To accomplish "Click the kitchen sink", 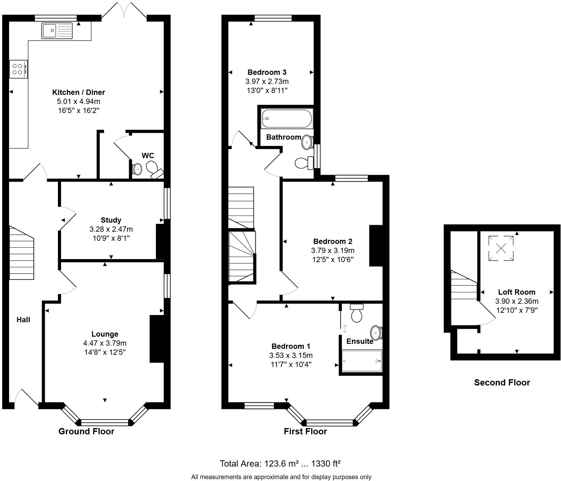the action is pyautogui.click(x=57, y=31).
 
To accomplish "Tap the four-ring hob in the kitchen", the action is pyautogui.click(x=18, y=69).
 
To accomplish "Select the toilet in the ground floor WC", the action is pyautogui.click(x=155, y=169).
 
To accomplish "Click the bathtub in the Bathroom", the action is pyautogui.click(x=287, y=118).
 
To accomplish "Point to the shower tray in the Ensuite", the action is pyautogui.click(x=362, y=361).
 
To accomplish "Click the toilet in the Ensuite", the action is pyautogui.click(x=357, y=313).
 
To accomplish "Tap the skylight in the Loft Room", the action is pyautogui.click(x=501, y=248).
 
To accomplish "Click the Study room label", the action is pyautogui.click(x=111, y=220).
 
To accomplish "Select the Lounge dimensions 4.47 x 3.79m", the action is pyautogui.click(x=105, y=343).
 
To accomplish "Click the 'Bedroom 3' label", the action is pyautogui.click(x=267, y=72).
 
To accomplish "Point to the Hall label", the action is pyautogui.click(x=23, y=320).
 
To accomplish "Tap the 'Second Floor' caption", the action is pyautogui.click(x=502, y=382).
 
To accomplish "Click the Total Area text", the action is pyautogui.click(x=280, y=463).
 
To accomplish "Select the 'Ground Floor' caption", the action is pyautogui.click(x=86, y=431).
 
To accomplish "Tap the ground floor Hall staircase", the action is pyautogui.click(x=21, y=252).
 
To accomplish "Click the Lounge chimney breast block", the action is pyautogui.click(x=157, y=339).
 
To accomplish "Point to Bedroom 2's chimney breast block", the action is pyautogui.click(x=376, y=246).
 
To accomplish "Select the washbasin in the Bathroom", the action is pyautogui.click(x=307, y=142).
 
